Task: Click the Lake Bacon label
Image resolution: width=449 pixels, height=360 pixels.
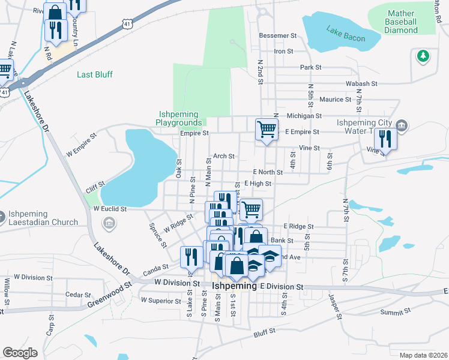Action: (346, 34)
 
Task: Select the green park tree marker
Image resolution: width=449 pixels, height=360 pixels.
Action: (423, 56)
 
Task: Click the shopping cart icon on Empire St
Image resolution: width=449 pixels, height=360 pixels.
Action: (267, 129)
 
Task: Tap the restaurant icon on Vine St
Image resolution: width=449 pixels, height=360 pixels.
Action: (385, 139)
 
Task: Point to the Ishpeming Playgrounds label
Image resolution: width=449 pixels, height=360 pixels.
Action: (180, 118)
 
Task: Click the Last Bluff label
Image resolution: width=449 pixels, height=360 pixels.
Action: (95, 75)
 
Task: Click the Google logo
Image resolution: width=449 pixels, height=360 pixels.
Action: (20, 352)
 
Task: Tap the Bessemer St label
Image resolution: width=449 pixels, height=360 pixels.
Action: (278, 36)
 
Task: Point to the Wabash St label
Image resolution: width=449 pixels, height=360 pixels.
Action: (361, 84)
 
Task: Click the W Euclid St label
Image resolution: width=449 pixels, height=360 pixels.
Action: (110, 209)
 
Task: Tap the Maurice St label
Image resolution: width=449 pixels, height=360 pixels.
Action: (335, 100)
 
